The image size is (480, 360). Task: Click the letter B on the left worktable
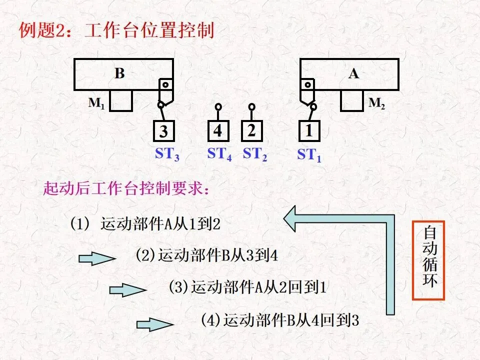[119, 73]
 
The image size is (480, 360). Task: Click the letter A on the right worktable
[353, 74]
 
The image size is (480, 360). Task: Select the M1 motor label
[96, 103]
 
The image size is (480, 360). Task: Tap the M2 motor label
[377, 103]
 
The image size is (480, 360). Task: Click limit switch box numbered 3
[164, 131]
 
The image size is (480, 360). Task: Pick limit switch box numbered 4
[218, 131]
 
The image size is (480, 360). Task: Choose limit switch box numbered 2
[251, 131]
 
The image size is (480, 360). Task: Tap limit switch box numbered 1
[309, 131]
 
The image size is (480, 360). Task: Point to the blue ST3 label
[167, 154]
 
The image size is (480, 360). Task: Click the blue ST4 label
[219, 154]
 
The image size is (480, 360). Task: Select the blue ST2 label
[254, 154]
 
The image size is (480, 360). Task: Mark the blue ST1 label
[309, 154]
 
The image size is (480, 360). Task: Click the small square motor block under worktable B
[121, 100]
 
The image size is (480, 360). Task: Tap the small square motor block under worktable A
[352, 100]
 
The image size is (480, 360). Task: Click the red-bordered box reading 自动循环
[428, 260]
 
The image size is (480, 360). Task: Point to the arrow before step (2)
[97, 258]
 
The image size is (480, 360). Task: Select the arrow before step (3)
[128, 290]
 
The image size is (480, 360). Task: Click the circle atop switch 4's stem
[218, 107]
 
